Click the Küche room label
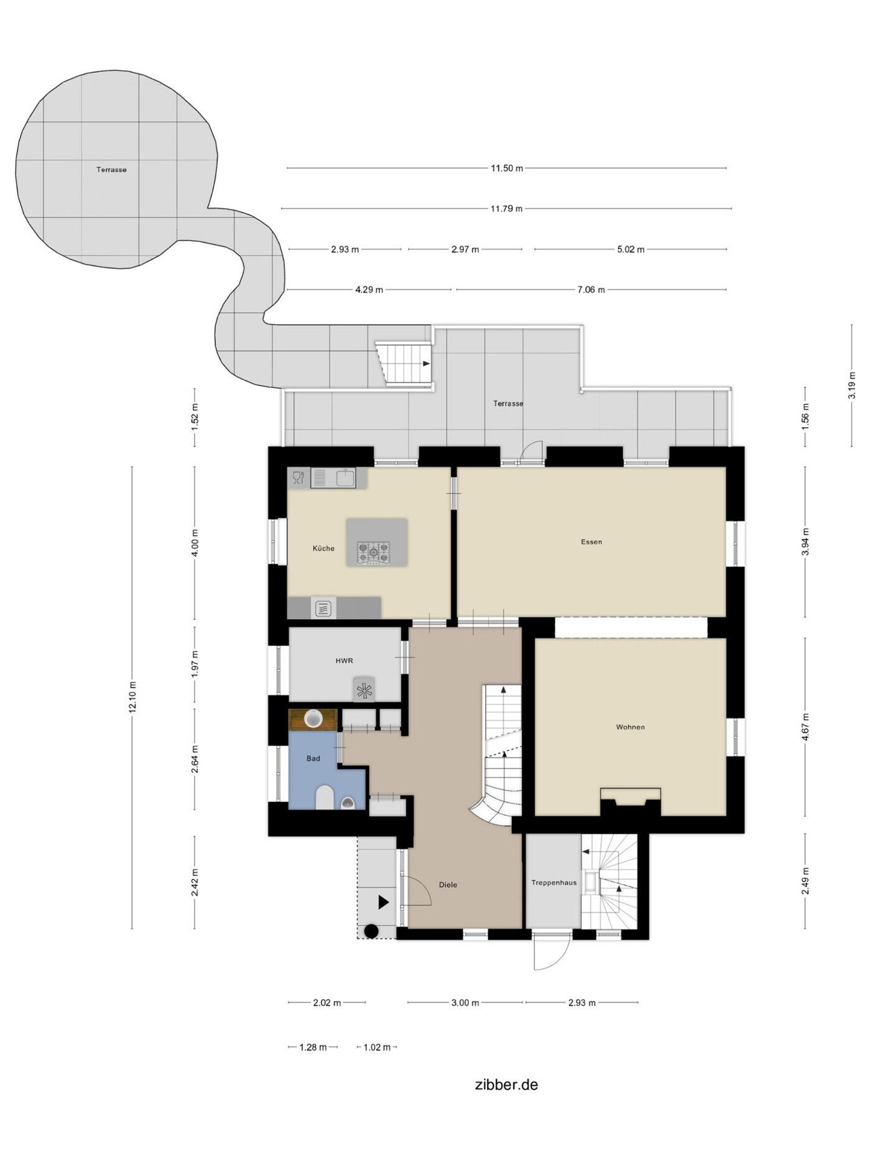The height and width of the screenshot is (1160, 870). (x=323, y=548)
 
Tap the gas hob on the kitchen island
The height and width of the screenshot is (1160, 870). (x=373, y=553)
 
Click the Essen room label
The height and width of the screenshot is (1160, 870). (x=591, y=541)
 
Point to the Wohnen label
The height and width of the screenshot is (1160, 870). (x=630, y=727)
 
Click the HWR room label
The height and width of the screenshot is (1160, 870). (x=344, y=661)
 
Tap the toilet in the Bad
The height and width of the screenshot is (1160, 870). (x=325, y=797)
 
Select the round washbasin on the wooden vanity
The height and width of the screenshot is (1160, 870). (x=313, y=719)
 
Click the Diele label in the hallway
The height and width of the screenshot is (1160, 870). (x=448, y=885)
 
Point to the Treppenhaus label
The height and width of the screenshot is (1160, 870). (x=553, y=882)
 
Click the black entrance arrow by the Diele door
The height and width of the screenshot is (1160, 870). (x=384, y=902)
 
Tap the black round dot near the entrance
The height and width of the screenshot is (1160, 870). (x=371, y=931)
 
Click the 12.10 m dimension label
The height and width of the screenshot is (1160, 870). (x=132, y=697)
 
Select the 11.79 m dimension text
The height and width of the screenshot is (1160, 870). (x=506, y=208)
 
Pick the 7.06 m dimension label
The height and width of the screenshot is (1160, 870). (x=591, y=290)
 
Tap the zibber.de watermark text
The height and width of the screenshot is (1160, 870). (x=506, y=1085)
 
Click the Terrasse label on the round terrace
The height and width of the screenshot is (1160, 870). (x=111, y=170)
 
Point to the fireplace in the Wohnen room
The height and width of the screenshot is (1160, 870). (x=630, y=801)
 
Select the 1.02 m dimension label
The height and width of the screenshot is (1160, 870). (x=377, y=1047)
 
